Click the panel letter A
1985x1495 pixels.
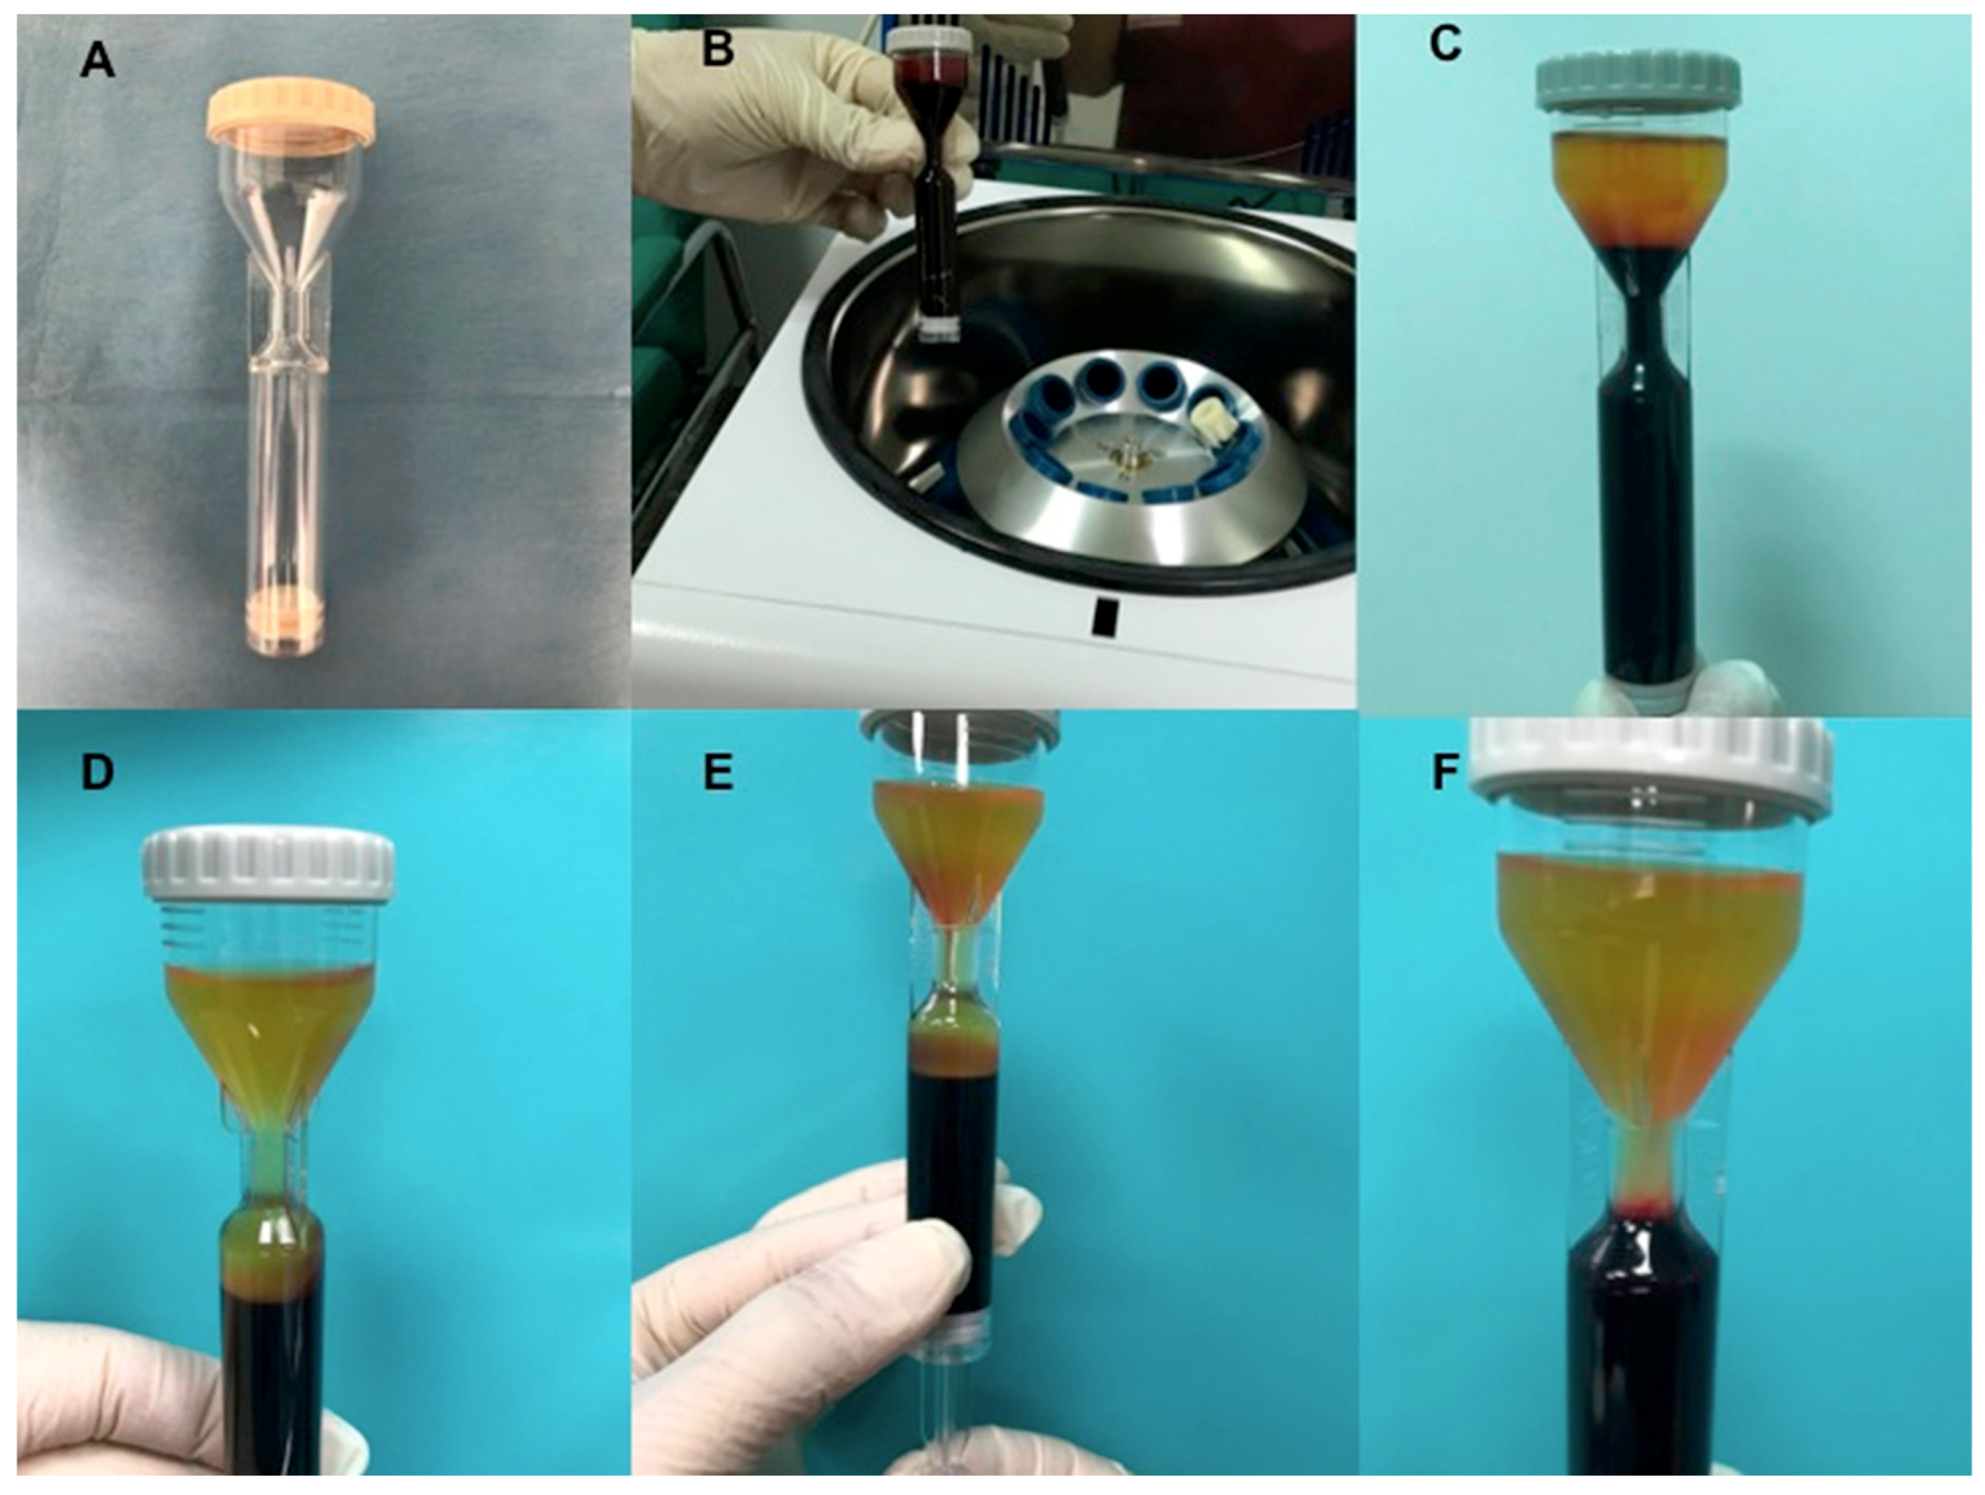pos(99,62)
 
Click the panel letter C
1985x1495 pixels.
pos(1444,45)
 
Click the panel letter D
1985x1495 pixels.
pos(97,772)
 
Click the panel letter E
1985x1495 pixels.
pos(717,772)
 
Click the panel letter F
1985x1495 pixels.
pos(1443,772)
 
